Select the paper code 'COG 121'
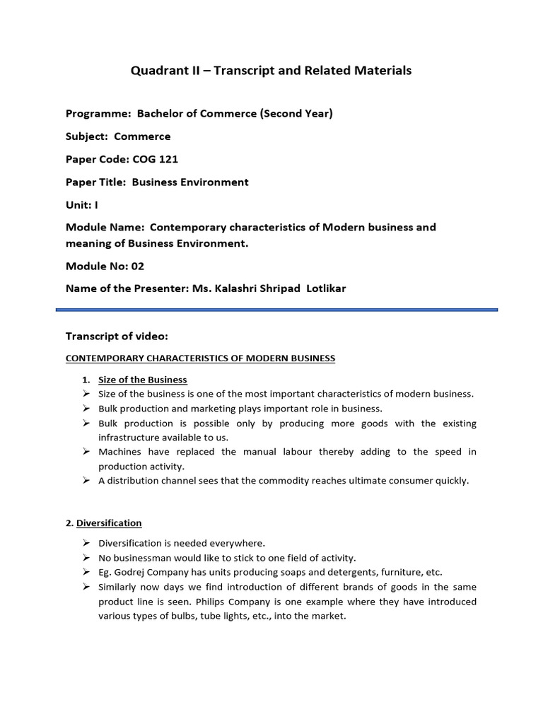click(156, 159)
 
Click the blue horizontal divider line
click(276, 309)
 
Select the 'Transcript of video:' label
click(117, 335)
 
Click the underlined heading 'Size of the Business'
click(143, 380)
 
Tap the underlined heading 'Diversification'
click(109, 523)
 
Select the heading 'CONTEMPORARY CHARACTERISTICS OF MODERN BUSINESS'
click(200, 358)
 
